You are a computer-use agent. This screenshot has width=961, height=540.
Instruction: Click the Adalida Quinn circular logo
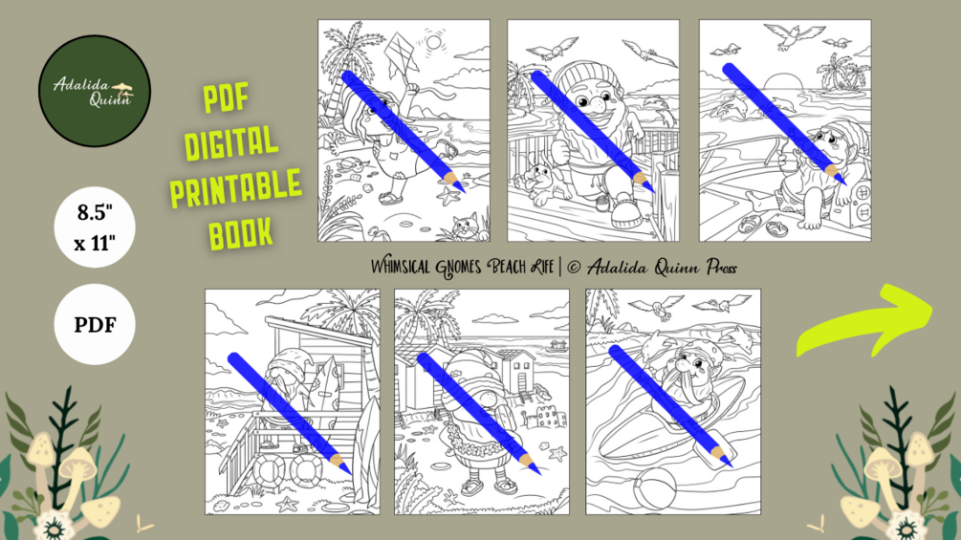point(95,91)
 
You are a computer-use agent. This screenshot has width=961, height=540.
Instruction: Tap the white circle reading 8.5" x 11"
point(95,227)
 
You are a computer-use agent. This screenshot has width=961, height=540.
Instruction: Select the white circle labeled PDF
point(95,324)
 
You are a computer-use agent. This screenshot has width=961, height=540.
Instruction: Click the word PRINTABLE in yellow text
point(236,187)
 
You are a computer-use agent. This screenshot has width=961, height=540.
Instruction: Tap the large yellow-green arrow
point(865,319)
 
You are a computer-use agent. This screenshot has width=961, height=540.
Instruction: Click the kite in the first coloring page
point(401,54)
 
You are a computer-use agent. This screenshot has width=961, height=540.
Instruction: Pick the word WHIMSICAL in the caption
point(402,267)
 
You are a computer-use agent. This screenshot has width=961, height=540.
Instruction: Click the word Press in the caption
point(721,268)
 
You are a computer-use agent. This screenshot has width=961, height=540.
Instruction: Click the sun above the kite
point(434,42)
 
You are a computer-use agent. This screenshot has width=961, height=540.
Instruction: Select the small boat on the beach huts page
point(557,347)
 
